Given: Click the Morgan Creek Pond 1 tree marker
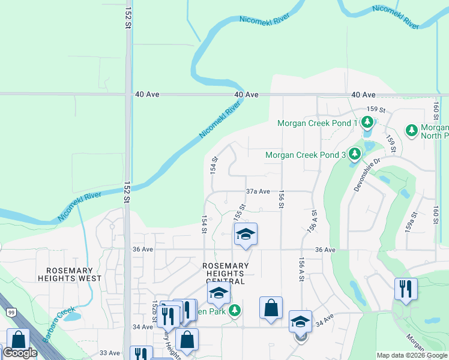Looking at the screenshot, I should coord(367,123).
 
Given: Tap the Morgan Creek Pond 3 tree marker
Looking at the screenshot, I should coord(355,154).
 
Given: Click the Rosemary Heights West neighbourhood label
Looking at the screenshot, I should coord(70,274).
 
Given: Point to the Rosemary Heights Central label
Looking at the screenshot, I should coord(226,274).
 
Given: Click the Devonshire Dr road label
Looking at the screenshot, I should coord(368,175).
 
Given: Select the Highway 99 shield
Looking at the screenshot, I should coord(11,311).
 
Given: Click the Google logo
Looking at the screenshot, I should coord(20,353).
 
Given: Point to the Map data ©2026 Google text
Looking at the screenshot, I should coord(411,355).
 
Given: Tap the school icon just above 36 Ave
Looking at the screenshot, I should coord(246,234).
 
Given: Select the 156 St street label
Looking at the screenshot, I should coord(281,199).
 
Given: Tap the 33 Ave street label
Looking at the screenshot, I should coord(110,353).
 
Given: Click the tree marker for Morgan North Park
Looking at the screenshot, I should coord(412,130).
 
